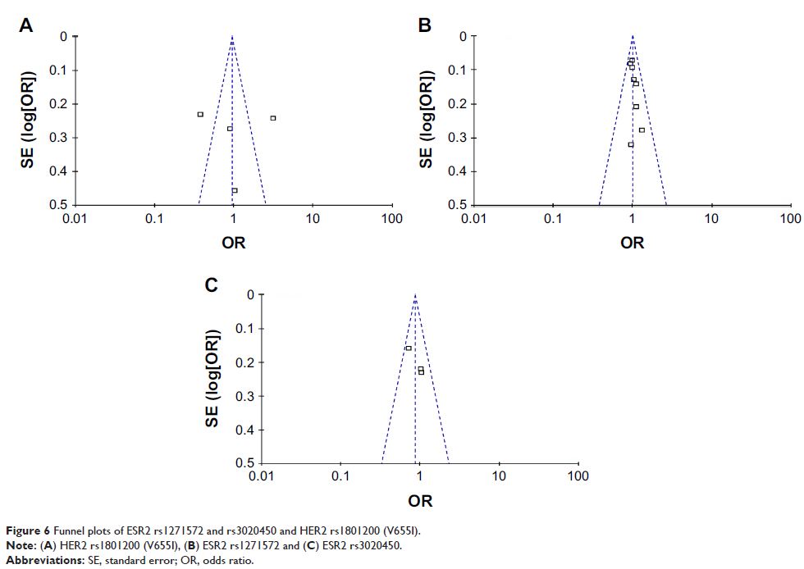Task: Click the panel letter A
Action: [26, 26]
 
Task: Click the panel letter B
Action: [425, 26]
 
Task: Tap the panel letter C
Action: [212, 285]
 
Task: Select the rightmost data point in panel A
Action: [273, 118]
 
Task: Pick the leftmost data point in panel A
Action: [200, 115]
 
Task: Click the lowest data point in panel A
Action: [235, 190]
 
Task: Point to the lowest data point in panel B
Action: [631, 144]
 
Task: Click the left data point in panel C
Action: [409, 348]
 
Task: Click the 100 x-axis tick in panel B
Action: [790, 218]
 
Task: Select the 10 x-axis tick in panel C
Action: [499, 476]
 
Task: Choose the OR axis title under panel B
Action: [632, 243]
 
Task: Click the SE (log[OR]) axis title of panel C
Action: [212, 378]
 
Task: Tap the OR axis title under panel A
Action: [233, 243]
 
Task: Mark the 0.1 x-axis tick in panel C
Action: [340, 476]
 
